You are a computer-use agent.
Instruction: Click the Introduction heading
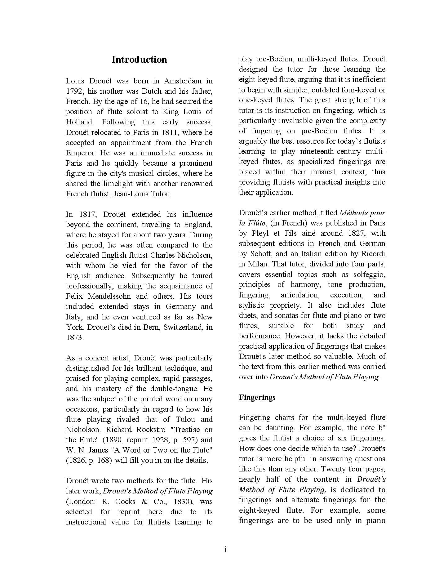click(139, 60)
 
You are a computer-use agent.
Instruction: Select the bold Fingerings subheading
click(257, 397)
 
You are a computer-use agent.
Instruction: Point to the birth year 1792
click(74, 91)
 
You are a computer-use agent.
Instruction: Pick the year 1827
click(356, 233)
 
